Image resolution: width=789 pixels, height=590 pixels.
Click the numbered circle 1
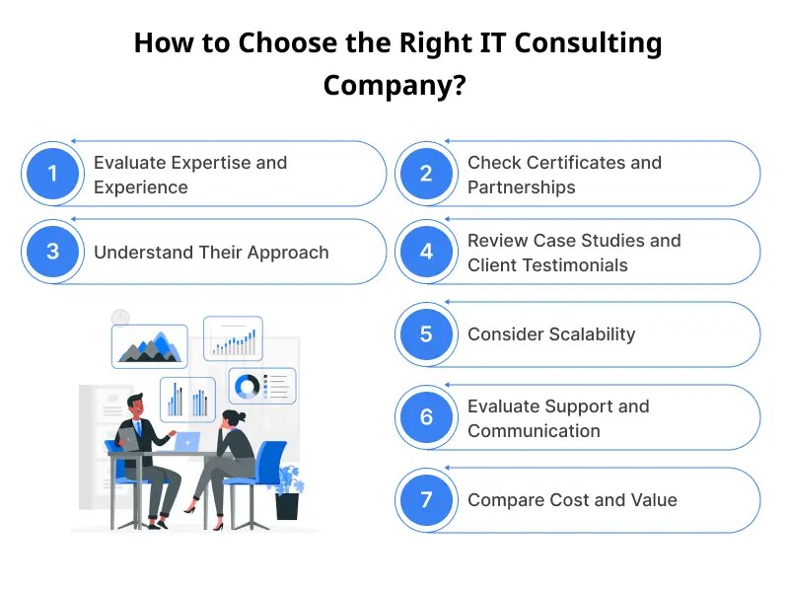tap(52, 174)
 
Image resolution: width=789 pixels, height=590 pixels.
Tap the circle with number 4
tap(426, 252)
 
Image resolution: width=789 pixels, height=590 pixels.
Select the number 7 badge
tap(426, 499)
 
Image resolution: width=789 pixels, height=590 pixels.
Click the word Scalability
tap(588, 334)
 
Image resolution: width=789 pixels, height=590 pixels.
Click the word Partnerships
tap(522, 186)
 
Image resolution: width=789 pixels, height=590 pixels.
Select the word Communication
tap(534, 430)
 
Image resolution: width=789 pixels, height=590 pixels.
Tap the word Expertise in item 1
tap(203, 162)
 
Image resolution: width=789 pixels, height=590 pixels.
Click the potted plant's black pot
tap(287, 505)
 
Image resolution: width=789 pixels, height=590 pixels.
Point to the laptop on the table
tap(184, 441)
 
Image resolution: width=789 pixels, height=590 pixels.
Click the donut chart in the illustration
tap(247, 387)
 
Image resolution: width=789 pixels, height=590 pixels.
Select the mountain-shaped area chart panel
tap(149, 346)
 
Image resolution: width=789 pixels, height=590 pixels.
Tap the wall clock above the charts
tap(120, 316)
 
